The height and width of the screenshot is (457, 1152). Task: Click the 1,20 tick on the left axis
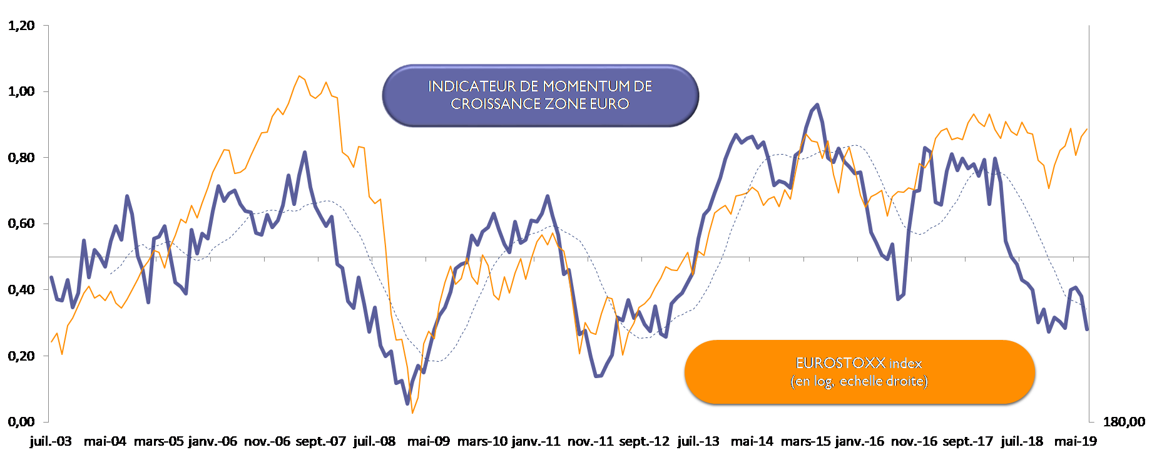21,26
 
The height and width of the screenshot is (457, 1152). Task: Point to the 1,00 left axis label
21,91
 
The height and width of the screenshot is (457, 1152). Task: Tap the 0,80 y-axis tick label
21,158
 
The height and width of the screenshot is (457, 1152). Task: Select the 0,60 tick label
21,223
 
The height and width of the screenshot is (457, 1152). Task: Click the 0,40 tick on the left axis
21,290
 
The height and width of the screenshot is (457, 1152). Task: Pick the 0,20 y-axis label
21,356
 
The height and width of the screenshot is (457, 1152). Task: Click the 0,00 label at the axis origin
21,422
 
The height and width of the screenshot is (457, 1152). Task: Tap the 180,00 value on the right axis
1124,422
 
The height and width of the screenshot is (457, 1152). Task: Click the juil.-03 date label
51,441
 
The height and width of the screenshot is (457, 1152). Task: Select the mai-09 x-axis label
429,441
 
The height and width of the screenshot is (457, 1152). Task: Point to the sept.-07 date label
320,441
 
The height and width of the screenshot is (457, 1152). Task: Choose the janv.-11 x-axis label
536,441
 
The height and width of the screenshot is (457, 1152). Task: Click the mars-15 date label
806,441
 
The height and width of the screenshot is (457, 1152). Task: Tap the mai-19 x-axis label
1076,441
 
